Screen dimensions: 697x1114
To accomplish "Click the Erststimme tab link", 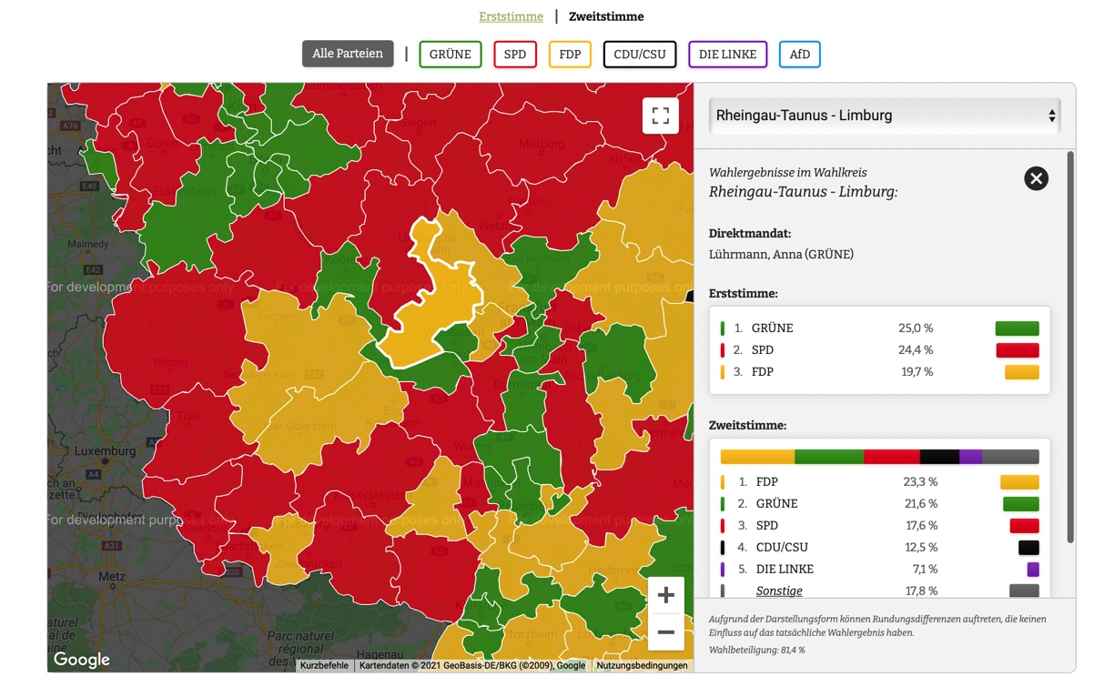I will pyautogui.click(x=511, y=16).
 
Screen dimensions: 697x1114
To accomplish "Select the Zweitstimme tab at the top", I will pyautogui.click(x=606, y=16).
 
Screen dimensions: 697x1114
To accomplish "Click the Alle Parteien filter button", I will pyautogui.click(x=348, y=54).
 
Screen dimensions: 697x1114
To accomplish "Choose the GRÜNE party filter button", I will pyautogui.click(x=451, y=55).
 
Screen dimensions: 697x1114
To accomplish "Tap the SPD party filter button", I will pyautogui.click(x=515, y=55).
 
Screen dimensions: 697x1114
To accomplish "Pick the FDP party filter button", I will pyautogui.click(x=570, y=55).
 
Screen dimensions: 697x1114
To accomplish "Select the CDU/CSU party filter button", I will pyautogui.click(x=640, y=55).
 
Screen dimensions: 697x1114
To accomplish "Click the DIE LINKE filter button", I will pyautogui.click(x=727, y=55).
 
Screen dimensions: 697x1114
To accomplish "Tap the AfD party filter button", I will pyautogui.click(x=800, y=55).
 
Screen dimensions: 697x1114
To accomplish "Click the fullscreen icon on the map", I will pyautogui.click(x=661, y=116).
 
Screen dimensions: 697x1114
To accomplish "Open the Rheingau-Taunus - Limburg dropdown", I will pyautogui.click(x=885, y=116).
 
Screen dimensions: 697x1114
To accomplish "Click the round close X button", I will pyautogui.click(x=1036, y=178).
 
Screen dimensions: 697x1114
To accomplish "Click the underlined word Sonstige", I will pyautogui.click(x=779, y=591).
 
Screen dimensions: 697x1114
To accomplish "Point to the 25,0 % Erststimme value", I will pyautogui.click(x=916, y=328).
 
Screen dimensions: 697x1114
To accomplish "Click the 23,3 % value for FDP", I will pyautogui.click(x=920, y=482).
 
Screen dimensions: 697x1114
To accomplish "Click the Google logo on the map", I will pyautogui.click(x=81, y=660).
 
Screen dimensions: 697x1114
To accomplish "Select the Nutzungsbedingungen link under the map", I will pyautogui.click(x=642, y=666).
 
